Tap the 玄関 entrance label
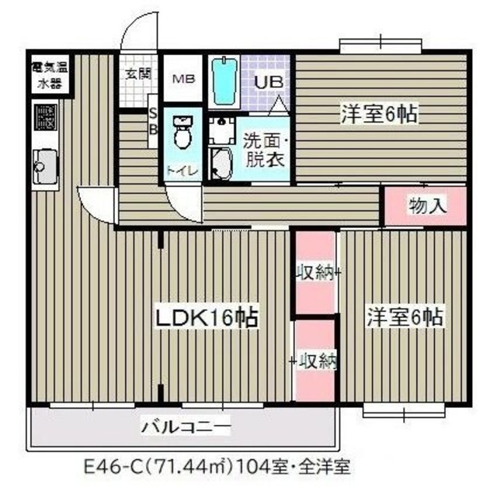click(x=138, y=74)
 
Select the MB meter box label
click(x=184, y=79)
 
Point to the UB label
click(x=269, y=83)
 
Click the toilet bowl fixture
click(x=183, y=132)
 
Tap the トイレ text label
click(x=183, y=171)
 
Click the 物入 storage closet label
click(x=427, y=206)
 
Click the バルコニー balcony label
click(x=186, y=427)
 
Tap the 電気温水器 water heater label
click(x=50, y=75)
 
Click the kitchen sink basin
click(x=45, y=167)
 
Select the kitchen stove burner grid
click(x=46, y=118)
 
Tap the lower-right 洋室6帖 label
click(x=405, y=316)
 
